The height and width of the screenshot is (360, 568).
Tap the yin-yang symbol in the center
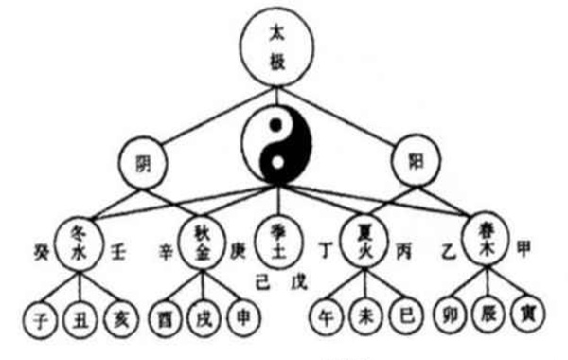[275, 145]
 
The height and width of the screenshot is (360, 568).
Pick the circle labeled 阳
[414, 162]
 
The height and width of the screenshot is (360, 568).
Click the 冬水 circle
[79, 242]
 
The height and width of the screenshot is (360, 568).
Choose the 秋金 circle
[201, 242]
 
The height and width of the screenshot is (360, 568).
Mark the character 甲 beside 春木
[526, 248]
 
